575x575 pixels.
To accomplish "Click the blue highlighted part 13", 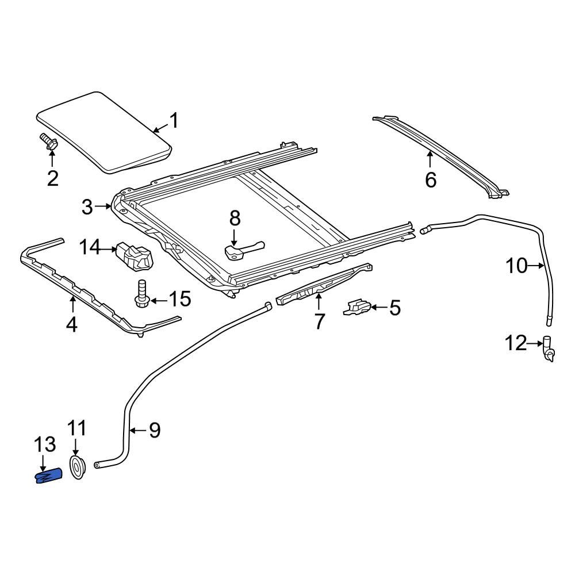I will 49,476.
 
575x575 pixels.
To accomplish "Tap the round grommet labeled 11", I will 77,466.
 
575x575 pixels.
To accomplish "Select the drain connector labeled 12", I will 548,350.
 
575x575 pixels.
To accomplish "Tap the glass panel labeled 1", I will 103,131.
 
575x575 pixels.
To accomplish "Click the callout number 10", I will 516,266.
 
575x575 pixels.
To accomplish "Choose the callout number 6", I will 431,180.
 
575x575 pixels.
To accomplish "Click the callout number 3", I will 87,206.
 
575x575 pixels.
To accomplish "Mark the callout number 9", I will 154,430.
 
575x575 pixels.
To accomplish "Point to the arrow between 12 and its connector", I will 534,344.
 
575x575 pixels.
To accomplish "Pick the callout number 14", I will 90,248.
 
